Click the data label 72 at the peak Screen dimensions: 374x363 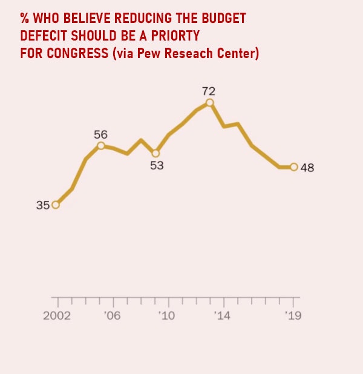[x=209, y=91]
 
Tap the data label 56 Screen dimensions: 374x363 [x=100, y=134]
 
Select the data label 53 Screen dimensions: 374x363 [x=157, y=165]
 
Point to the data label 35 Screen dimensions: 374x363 [x=42, y=205]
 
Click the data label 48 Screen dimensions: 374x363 [x=307, y=168]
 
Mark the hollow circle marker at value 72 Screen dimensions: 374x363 [x=209, y=103]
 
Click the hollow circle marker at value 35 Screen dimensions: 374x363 [x=56, y=205]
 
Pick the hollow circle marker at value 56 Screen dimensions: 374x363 [x=100, y=145]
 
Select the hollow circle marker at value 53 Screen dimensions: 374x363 [x=155, y=153]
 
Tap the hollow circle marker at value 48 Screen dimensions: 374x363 [x=294, y=167]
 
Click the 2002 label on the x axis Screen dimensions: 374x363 [x=56, y=316]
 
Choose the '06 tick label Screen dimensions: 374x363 [x=112, y=316]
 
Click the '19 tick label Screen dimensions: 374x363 [x=293, y=316]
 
